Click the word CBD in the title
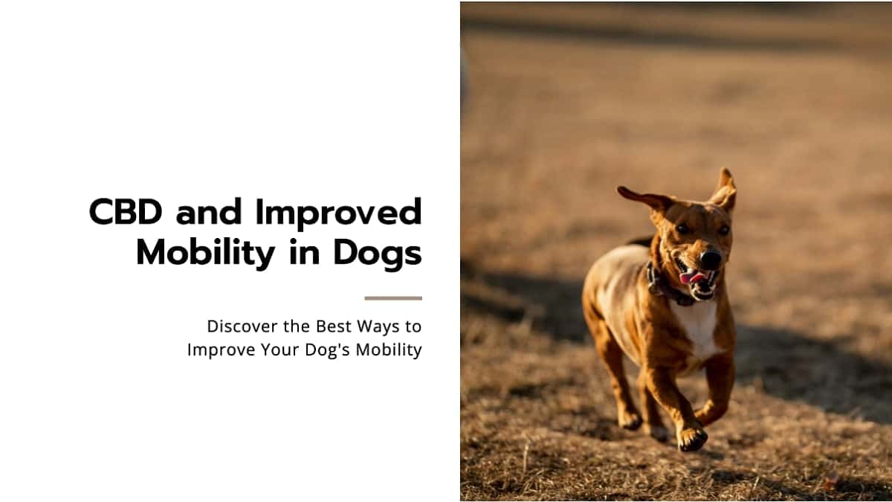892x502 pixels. [x=126, y=211]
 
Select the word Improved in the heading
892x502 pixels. [x=339, y=213]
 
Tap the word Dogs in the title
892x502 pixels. [x=378, y=254]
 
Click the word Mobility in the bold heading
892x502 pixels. [x=205, y=254]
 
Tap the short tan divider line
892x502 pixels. [x=393, y=298]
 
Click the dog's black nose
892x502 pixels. [x=711, y=260]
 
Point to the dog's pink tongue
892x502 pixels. [x=692, y=277]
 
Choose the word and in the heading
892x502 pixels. [x=209, y=211]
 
